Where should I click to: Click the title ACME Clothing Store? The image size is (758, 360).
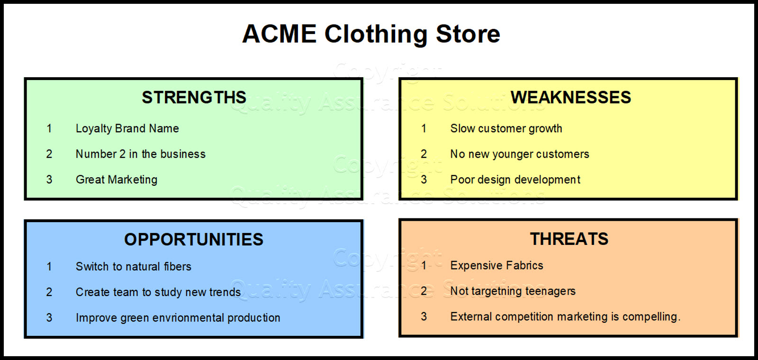click(371, 34)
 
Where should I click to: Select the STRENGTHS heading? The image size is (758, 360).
click(194, 98)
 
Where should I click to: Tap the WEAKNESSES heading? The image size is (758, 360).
click(570, 98)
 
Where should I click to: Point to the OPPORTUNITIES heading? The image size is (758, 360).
click(193, 240)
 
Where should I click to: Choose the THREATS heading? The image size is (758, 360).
click(569, 239)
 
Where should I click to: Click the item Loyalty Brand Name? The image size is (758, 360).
click(127, 129)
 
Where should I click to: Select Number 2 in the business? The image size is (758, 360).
click(140, 154)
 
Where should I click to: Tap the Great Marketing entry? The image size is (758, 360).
click(117, 180)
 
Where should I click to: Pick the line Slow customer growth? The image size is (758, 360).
click(506, 129)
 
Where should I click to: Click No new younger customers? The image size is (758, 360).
click(519, 154)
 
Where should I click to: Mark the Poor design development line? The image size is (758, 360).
click(515, 180)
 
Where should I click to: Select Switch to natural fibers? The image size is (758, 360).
click(133, 267)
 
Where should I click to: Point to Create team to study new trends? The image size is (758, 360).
click(158, 292)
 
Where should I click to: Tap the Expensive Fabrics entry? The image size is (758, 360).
click(496, 266)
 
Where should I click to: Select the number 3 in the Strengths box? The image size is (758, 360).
click(49, 180)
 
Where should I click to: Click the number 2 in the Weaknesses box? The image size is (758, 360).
click(424, 154)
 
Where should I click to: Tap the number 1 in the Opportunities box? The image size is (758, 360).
click(49, 267)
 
